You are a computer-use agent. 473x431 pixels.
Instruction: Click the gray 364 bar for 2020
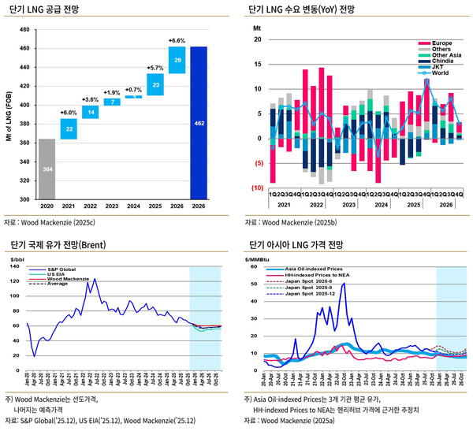coord(47,169)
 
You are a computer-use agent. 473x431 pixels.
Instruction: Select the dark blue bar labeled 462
coord(200,123)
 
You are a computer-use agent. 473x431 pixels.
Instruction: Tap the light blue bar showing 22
coord(69,129)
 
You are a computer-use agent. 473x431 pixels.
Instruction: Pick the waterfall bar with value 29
coord(178,60)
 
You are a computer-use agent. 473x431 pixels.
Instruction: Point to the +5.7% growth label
coord(156,68)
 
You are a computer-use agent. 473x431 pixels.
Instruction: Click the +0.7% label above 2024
coord(134,90)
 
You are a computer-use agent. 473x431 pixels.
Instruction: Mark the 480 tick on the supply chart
coord(24,29)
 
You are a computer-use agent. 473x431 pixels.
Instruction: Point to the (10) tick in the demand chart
coord(257,188)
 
